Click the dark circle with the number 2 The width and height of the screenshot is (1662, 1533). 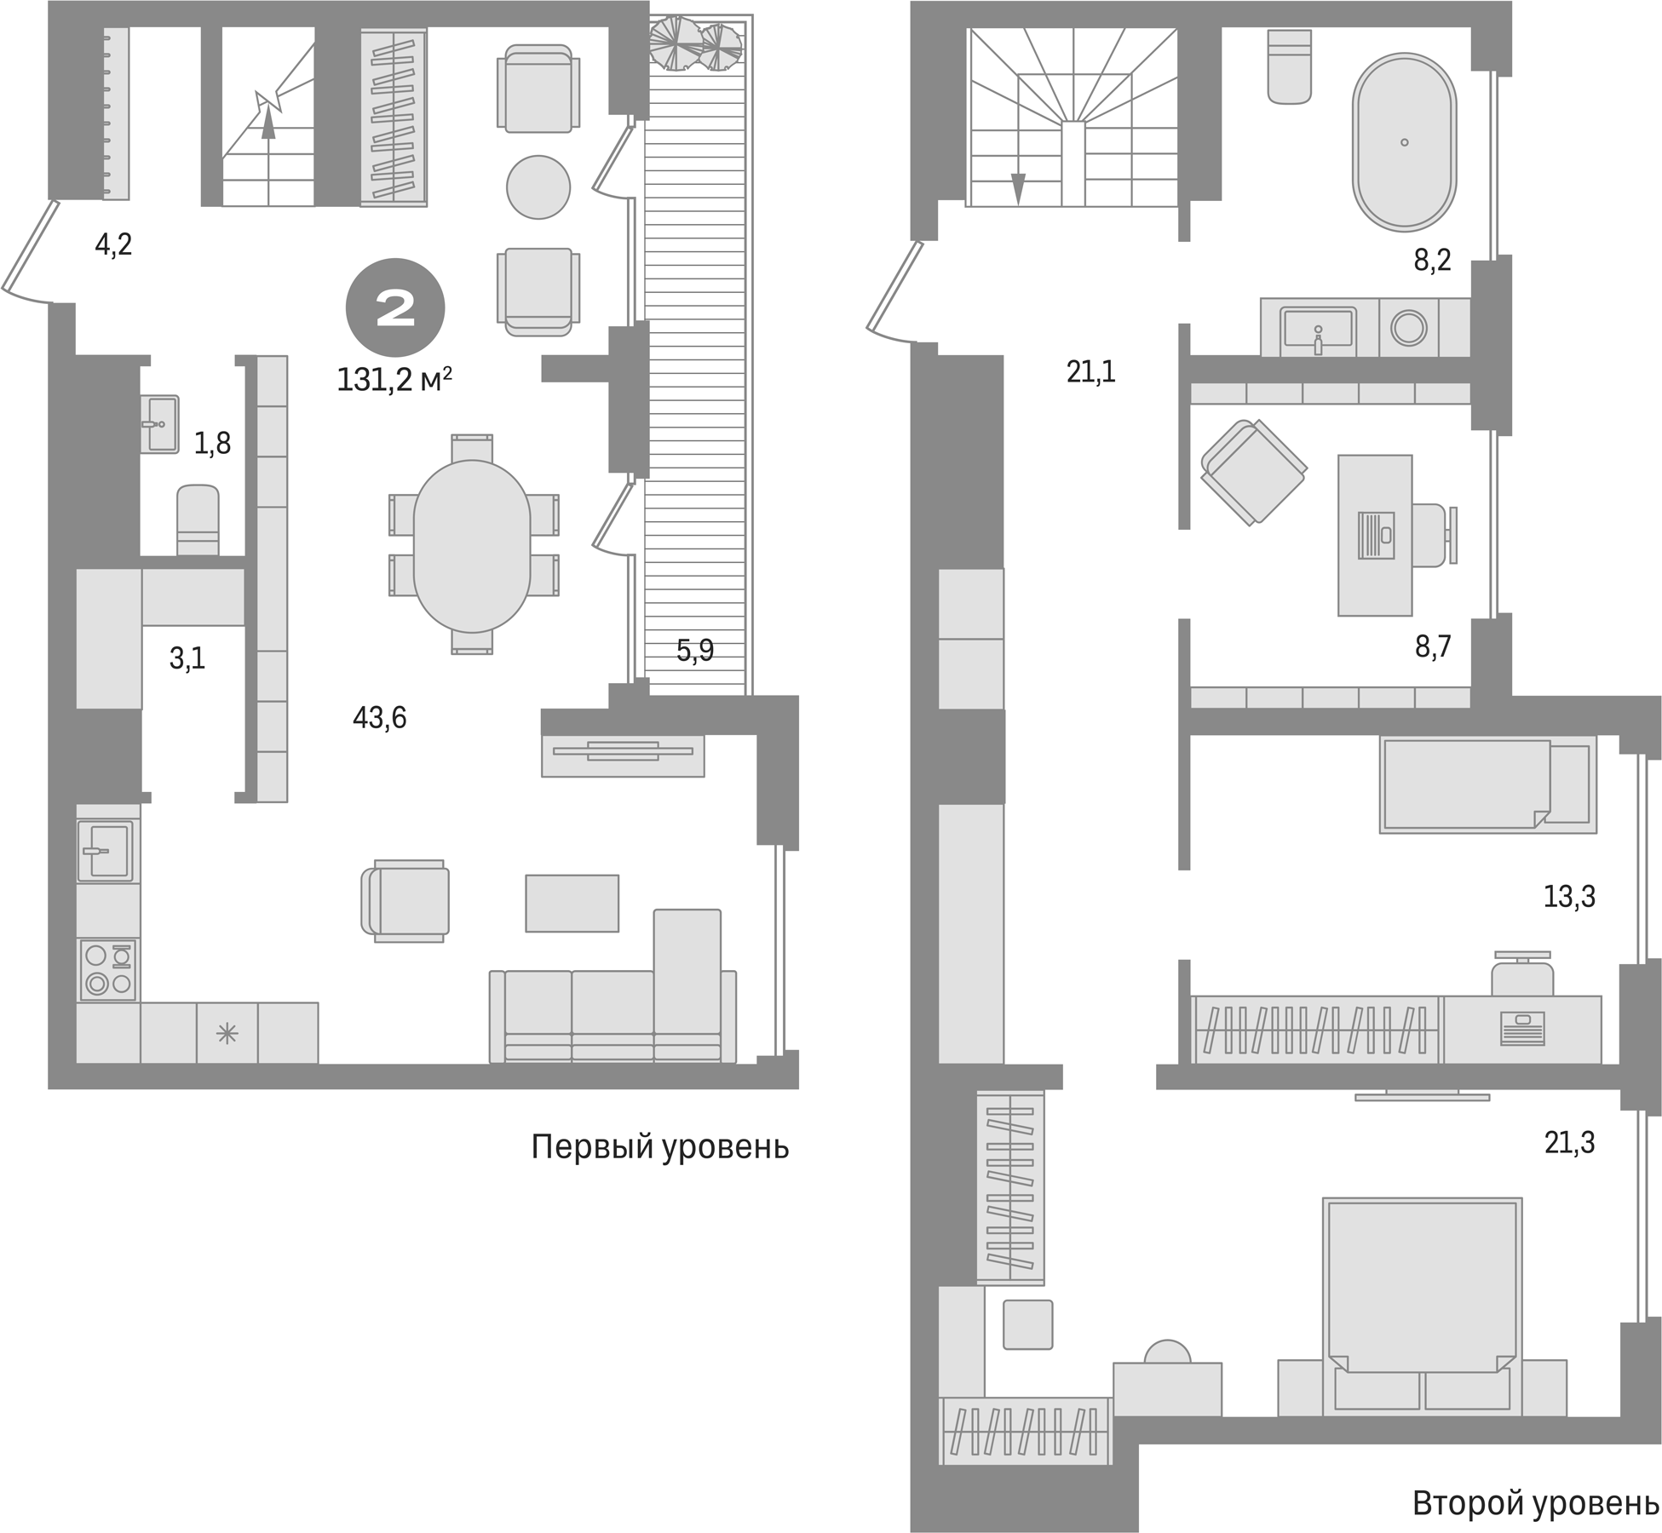[x=394, y=307]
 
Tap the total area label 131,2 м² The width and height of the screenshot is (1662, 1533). [x=394, y=380]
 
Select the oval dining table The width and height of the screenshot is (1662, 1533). [x=472, y=546]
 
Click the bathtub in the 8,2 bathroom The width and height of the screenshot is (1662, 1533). [x=1404, y=141]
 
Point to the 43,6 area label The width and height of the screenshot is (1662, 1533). [x=379, y=718]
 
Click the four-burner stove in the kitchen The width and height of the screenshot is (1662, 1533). [x=108, y=969]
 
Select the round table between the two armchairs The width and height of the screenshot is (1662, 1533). [x=538, y=187]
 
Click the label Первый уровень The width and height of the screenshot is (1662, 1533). [x=659, y=1147]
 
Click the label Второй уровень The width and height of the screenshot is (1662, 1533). [x=1536, y=1503]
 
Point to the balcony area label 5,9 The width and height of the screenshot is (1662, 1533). [x=694, y=651]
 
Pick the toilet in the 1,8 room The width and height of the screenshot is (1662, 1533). [x=198, y=520]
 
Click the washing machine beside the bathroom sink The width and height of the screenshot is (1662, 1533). [x=1408, y=327]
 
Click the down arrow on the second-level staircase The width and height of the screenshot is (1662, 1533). [x=1017, y=188]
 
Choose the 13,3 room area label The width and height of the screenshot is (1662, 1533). [x=1569, y=897]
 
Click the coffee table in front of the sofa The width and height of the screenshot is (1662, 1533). [x=572, y=903]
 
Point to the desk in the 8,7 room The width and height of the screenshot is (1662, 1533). [x=1374, y=535]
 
